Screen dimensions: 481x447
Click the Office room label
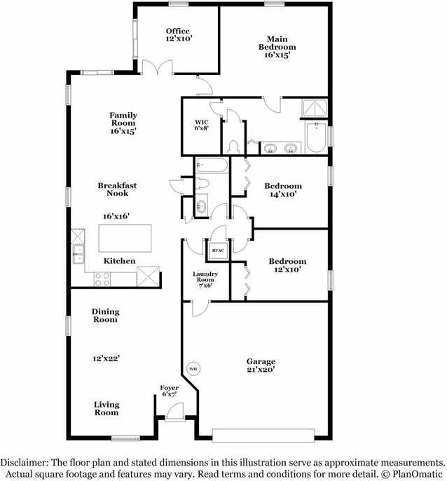click(x=178, y=35)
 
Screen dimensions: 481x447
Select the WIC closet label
click(x=201, y=125)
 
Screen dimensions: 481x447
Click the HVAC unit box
click(x=219, y=251)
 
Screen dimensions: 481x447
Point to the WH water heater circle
click(x=193, y=368)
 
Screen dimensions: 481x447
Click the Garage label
click(x=261, y=366)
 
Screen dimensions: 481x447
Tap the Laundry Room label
click(x=205, y=280)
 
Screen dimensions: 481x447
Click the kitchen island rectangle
click(x=125, y=238)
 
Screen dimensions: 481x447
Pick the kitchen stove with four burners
click(x=102, y=279)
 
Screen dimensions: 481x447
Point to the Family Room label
click(x=123, y=123)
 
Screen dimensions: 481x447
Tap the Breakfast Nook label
click(x=117, y=189)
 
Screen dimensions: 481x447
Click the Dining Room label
click(x=105, y=315)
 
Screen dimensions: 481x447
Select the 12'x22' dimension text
click(x=106, y=358)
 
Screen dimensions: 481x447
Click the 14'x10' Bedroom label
click(x=283, y=190)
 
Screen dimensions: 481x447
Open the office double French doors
click(x=156, y=68)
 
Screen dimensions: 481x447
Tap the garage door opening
click(x=262, y=435)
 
